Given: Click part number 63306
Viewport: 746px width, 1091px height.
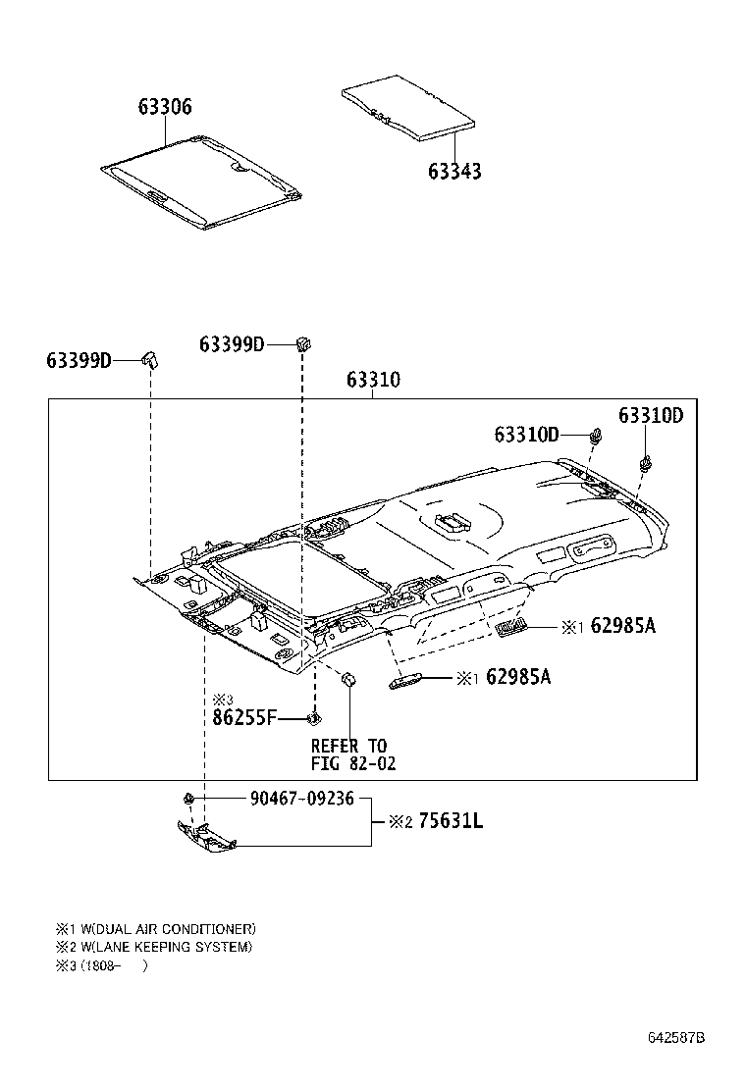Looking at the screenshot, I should [x=157, y=108].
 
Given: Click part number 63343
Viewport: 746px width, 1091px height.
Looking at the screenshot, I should [x=454, y=172].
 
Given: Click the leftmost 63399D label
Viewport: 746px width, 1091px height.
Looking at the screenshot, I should [x=80, y=360].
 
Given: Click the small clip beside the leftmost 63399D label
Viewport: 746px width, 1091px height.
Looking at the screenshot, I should [x=150, y=358].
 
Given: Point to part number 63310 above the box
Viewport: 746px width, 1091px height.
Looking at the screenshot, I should [x=373, y=381].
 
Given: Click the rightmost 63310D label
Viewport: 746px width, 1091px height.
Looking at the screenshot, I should [x=650, y=415].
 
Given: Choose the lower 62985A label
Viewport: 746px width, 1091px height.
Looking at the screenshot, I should [x=517, y=677].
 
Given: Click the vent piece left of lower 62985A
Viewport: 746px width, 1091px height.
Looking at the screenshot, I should [x=406, y=681].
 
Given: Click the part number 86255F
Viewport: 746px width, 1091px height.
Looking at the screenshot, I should [x=244, y=718].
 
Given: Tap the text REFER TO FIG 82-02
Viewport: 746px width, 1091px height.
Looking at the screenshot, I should [x=351, y=754].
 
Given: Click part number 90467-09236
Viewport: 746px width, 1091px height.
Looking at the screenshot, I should [x=301, y=799].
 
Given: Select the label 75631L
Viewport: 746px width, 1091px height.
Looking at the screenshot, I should [x=450, y=821].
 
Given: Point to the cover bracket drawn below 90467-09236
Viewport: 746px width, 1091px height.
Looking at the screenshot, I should [x=207, y=837].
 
